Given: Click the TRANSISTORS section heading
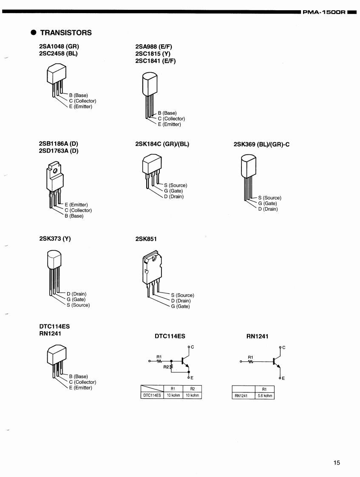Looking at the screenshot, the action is (x=66, y=33).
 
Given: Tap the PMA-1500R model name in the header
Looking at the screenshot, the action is (x=324, y=12).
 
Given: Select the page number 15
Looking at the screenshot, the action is (x=337, y=463).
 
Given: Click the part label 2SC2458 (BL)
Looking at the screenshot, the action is (x=58, y=54).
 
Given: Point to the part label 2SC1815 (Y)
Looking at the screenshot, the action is (x=153, y=54).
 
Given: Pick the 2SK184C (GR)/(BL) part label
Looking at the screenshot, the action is (x=162, y=144).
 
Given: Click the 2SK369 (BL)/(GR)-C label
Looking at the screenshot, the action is (x=261, y=145).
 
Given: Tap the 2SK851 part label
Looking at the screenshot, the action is (x=146, y=239).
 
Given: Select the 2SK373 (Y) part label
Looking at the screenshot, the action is (x=55, y=239).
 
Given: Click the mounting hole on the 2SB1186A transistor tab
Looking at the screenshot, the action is (x=55, y=170).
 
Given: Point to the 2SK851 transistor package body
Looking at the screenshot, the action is (x=152, y=268).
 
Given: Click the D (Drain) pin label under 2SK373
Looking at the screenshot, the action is (x=77, y=294).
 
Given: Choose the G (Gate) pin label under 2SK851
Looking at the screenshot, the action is (x=180, y=307).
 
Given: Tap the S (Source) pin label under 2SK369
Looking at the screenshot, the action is (x=270, y=198).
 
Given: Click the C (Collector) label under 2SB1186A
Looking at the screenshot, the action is (x=78, y=210).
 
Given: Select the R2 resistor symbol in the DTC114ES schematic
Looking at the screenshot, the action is (x=171, y=367).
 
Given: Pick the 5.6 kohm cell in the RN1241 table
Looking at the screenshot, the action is (x=265, y=396).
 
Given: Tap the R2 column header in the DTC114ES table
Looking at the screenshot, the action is (x=193, y=389).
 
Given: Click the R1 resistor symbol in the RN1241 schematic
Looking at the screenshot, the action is (x=250, y=362).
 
